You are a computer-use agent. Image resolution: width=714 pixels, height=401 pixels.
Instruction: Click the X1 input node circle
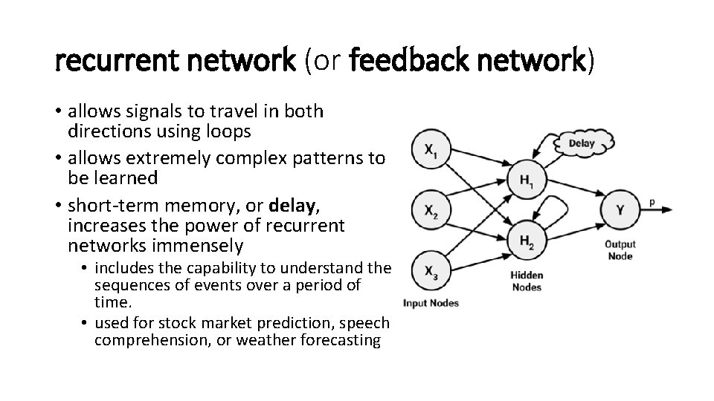431,151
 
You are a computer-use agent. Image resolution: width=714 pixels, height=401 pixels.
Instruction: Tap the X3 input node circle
431,272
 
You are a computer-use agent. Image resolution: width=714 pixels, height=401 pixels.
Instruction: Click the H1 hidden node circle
526,178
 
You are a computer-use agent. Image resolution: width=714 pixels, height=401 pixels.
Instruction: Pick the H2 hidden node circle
526,239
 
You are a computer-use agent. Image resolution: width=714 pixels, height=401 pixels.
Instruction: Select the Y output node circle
620,209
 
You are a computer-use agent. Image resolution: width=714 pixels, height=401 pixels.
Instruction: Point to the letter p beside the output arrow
652,200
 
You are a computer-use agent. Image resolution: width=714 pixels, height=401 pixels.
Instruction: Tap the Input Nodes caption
431,302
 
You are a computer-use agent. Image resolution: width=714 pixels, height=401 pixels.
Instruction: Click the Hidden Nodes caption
526,281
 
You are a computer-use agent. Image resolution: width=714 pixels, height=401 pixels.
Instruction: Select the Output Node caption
620,250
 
